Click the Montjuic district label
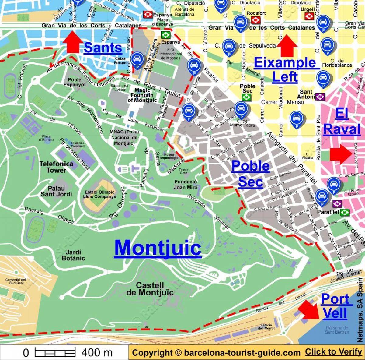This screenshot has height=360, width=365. click(158, 248)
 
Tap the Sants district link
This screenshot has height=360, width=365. click(103, 48)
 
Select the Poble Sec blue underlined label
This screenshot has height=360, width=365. click(250, 174)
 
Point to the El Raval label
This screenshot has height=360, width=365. click(342, 122)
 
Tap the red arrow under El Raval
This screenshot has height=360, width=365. click(341, 154)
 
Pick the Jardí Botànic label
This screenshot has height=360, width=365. click(73, 255)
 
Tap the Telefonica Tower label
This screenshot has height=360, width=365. click(56, 167)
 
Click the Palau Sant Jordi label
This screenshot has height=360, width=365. click(56, 191)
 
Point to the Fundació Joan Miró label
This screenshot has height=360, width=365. click(186, 184)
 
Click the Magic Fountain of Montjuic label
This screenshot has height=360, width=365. click(142, 95)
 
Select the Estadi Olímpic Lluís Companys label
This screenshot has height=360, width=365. click(99, 194)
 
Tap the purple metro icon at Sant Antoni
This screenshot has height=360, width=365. click(320, 97)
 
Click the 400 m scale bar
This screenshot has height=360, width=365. click(55, 353)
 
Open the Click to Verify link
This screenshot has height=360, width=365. click(333, 352)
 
